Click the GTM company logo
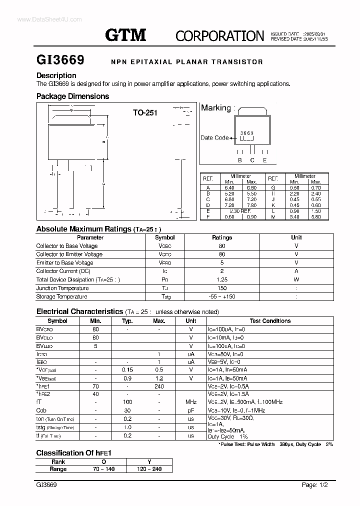[125, 34]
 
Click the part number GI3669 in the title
[60, 60]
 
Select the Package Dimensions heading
[72, 96]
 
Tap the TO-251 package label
[145, 113]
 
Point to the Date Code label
[214, 138]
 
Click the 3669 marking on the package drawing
[247, 133]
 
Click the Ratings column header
[222, 237]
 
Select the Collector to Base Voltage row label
[66, 246]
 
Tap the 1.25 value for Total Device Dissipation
[222, 280]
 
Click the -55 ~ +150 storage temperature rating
[222, 296]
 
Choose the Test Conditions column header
[270, 321]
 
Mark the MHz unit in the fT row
[191, 402]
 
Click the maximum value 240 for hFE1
[159, 386]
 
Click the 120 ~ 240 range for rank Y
[149, 469]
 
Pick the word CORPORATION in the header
[219, 35]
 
